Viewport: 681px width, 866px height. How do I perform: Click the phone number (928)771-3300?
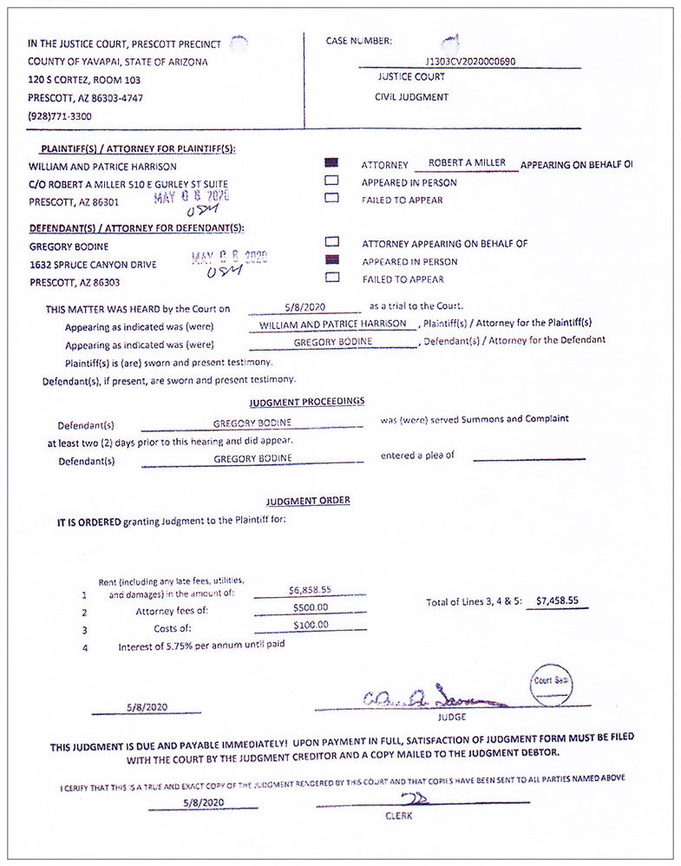point(60,116)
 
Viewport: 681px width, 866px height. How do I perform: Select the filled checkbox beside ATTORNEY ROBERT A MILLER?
point(331,164)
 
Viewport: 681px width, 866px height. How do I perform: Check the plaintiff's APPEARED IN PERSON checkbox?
point(331,181)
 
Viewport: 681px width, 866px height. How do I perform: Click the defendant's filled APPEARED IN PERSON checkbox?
point(331,260)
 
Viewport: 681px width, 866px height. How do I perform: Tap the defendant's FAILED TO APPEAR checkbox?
point(331,278)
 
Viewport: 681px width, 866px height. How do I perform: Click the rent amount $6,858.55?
point(310,589)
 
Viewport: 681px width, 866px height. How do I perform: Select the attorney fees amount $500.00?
point(310,607)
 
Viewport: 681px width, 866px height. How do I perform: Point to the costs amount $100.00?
point(310,625)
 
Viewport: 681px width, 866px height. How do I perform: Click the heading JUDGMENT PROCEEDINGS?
point(306,402)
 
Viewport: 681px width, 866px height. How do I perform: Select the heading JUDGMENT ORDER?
point(308,501)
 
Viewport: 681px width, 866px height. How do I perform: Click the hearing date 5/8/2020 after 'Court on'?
point(303,306)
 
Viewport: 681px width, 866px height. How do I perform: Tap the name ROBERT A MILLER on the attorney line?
point(467,163)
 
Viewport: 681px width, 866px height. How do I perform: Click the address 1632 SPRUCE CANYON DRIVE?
point(93,265)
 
